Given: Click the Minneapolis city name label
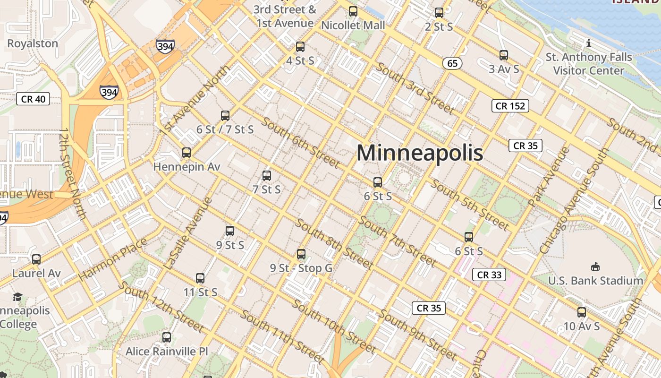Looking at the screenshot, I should (x=419, y=153).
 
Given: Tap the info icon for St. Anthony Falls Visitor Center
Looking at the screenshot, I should (x=588, y=43).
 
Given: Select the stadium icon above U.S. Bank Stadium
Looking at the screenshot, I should (x=595, y=267).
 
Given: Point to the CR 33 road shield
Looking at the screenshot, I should (x=489, y=275).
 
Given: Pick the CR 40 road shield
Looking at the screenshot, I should (x=33, y=99).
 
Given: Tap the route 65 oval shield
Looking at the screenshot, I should (x=452, y=63).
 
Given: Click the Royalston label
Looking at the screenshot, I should (x=33, y=43).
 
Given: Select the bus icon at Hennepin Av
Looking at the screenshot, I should (x=186, y=153).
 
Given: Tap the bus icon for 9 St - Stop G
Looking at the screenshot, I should (x=301, y=254).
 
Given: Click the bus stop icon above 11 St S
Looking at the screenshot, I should (x=200, y=278).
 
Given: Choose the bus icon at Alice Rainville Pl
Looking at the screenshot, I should (x=167, y=337).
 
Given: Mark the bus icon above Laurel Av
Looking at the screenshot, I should (x=36, y=259).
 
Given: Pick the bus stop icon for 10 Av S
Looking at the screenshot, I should (x=582, y=312).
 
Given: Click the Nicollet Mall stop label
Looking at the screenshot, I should (x=353, y=25).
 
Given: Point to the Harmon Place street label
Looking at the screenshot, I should (x=112, y=260).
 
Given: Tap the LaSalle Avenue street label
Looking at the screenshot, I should (x=187, y=234).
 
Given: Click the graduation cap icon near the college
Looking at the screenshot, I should (x=18, y=297).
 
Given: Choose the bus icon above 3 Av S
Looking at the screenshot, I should (x=504, y=55).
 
